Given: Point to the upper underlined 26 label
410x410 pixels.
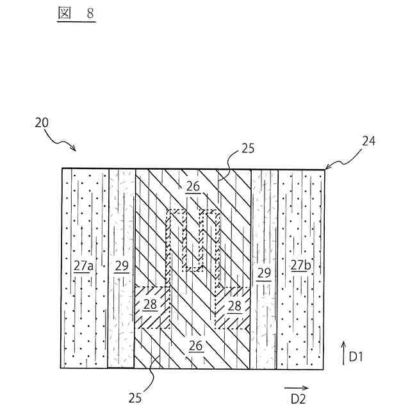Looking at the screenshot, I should [193, 186].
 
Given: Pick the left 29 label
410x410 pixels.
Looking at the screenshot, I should [122, 266].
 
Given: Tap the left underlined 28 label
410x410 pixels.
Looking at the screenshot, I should [150, 305].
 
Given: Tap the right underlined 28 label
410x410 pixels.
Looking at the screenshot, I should [235, 306].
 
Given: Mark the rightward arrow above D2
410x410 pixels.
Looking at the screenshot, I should [295, 387].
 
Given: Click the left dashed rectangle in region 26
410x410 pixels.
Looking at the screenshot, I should [179, 240].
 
